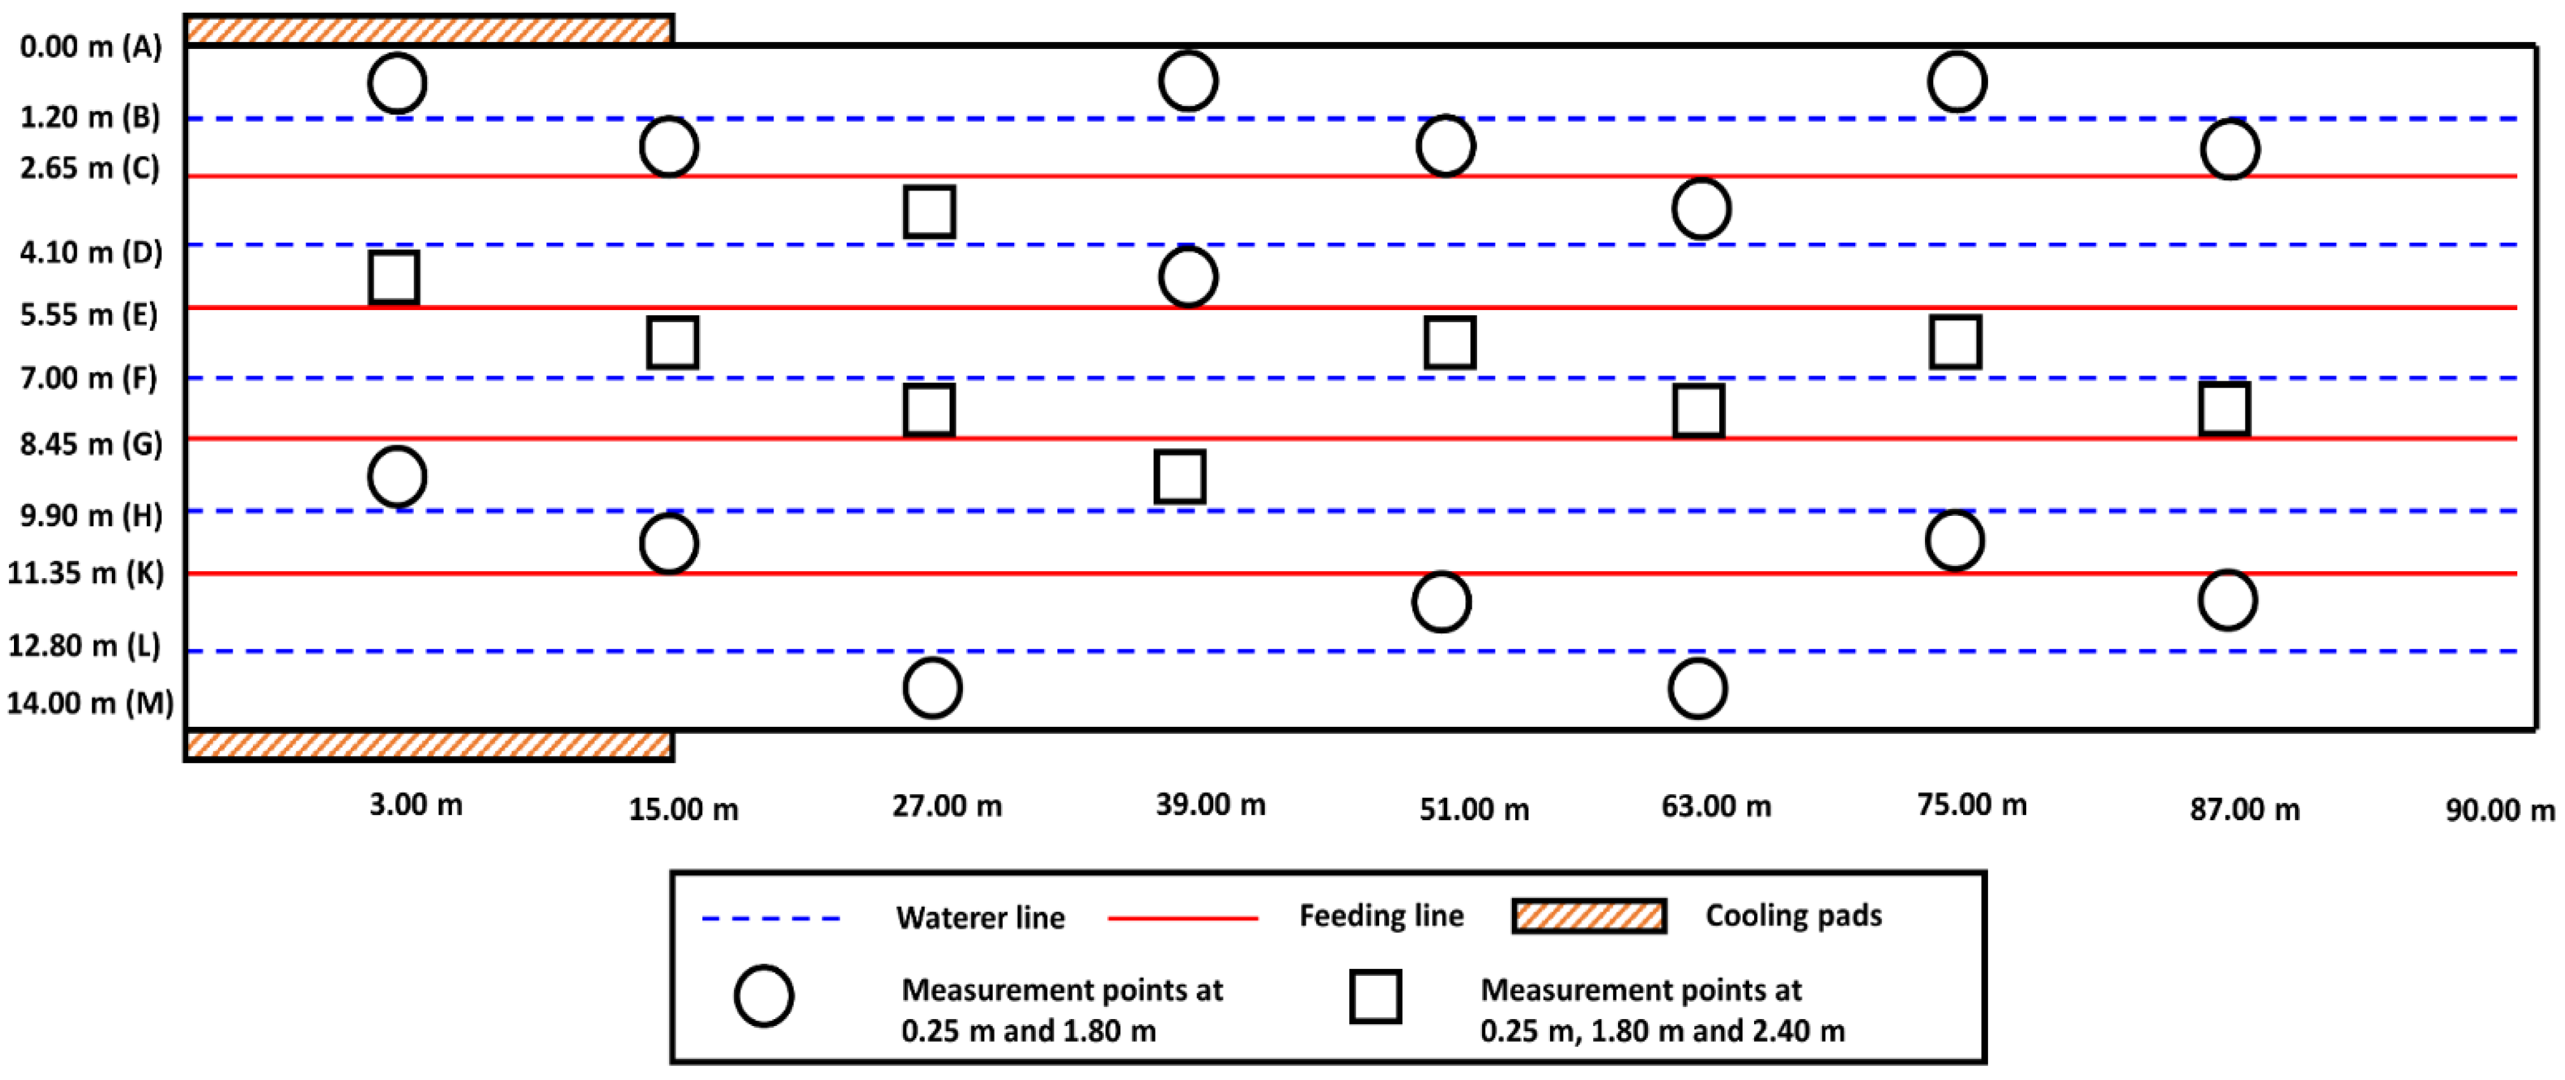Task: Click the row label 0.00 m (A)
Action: (90, 47)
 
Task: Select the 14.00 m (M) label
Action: (90, 703)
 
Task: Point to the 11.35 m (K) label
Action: (86, 573)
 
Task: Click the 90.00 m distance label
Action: (2500, 810)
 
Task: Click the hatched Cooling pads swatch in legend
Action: (1588, 915)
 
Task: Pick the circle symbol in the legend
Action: (764, 996)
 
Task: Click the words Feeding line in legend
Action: (1381, 915)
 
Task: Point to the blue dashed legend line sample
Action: (771, 918)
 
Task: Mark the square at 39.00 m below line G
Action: (1180, 477)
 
